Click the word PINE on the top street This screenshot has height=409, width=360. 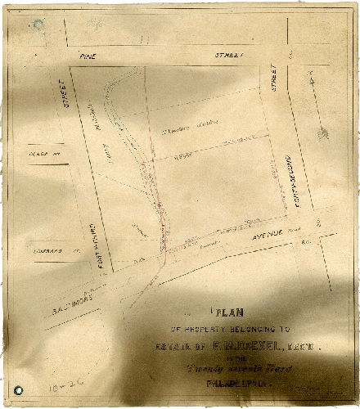pos(88,55)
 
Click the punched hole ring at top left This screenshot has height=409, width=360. pos(38,25)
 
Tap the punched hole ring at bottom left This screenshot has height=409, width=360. pos(18,390)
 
